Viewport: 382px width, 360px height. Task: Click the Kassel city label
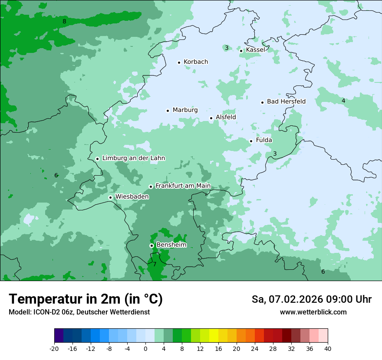(x=255, y=50)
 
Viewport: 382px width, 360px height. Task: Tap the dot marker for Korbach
(x=179, y=62)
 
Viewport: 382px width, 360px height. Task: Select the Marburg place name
(x=185, y=110)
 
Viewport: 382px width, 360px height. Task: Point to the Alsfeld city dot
(x=211, y=118)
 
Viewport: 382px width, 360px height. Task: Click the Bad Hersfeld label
(x=286, y=101)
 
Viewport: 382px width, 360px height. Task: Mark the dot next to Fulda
(x=251, y=141)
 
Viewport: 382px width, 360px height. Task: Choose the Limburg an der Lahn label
(x=133, y=158)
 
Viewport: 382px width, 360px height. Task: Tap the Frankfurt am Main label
(x=183, y=186)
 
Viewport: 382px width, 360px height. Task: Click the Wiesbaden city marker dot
(x=111, y=198)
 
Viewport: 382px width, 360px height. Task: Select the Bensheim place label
(x=171, y=245)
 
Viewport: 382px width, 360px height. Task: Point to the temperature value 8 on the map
(x=64, y=22)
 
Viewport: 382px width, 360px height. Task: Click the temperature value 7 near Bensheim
(x=155, y=264)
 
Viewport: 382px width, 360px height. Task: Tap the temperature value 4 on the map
(x=343, y=101)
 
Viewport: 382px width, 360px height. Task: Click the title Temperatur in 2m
(x=86, y=299)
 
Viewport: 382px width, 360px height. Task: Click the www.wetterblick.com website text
(x=313, y=312)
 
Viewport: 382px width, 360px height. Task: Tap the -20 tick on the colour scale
(x=54, y=349)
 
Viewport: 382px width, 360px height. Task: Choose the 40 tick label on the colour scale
(x=328, y=349)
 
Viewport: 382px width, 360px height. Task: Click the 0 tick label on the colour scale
(x=145, y=349)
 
